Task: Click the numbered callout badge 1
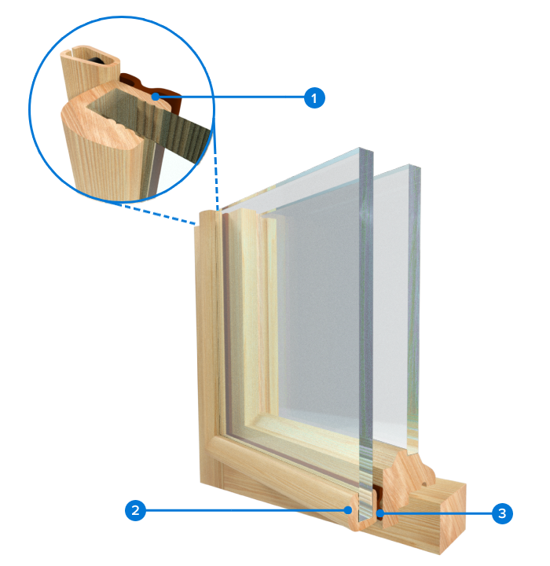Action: [314, 97]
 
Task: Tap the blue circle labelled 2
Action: [135, 510]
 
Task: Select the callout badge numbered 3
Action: [502, 513]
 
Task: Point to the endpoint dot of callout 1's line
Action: [156, 97]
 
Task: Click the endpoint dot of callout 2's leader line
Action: [347, 510]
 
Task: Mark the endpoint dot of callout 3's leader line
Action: [380, 513]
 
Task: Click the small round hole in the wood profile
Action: [424, 485]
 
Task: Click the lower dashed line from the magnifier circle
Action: [156, 214]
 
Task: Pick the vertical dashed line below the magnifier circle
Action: [215, 170]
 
